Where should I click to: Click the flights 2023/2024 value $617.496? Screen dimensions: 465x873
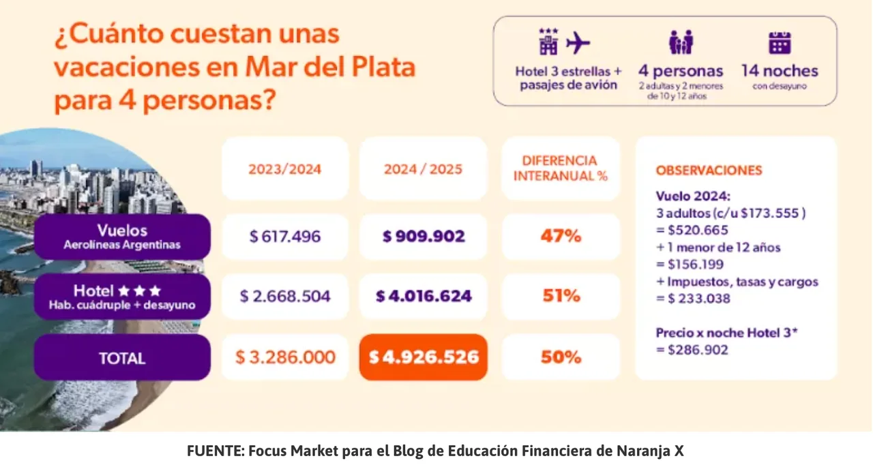pyautogui.click(x=285, y=237)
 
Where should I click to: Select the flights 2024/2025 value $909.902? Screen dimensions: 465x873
pyautogui.click(x=424, y=237)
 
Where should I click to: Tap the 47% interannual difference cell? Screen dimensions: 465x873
pyautogui.click(x=561, y=237)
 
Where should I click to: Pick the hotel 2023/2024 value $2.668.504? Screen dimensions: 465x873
pyautogui.click(x=285, y=296)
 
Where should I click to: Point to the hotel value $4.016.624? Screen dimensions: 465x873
pyautogui.click(x=424, y=296)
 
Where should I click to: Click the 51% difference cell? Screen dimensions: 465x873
pyautogui.click(x=561, y=296)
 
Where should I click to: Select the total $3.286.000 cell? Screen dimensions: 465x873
pyautogui.click(x=285, y=357)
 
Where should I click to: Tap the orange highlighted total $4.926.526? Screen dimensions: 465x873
pyautogui.click(x=424, y=357)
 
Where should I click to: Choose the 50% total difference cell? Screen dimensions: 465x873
pyautogui.click(x=561, y=357)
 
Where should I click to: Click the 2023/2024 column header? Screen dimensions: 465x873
pyautogui.click(x=285, y=168)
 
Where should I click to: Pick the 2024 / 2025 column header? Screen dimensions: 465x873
pyautogui.click(x=424, y=168)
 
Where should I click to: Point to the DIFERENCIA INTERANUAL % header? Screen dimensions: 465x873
pyautogui.click(x=561, y=168)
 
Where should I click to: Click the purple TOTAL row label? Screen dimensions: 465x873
pyautogui.click(x=122, y=357)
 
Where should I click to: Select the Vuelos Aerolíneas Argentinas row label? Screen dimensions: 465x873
pyautogui.click(x=122, y=237)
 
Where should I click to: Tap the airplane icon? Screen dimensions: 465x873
pyautogui.click(x=578, y=43)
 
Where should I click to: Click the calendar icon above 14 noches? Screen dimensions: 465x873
pyautogui.click(x=780, y=42)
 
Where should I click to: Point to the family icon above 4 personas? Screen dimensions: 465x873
pyautogui.click(x=680, y=42)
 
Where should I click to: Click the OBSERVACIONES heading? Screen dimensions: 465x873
pyautogui.click(x=709, y=170)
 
